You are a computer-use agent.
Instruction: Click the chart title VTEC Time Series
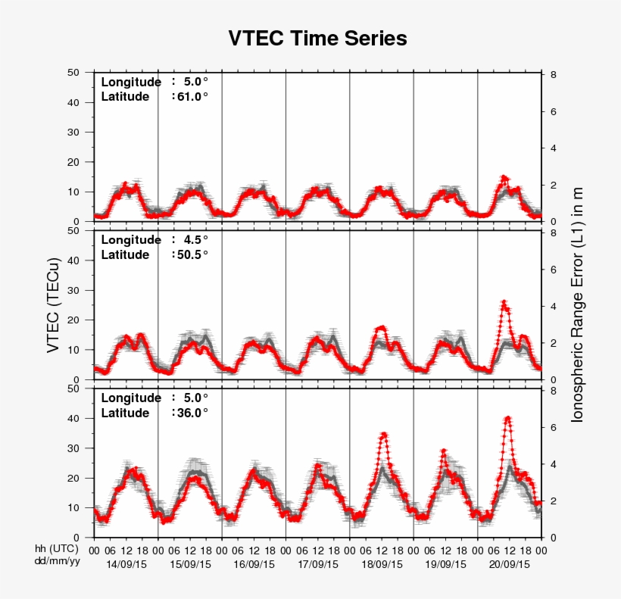(317, 39)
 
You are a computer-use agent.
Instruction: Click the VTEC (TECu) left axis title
(53, 304)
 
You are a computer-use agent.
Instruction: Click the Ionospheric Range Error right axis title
(577, 304)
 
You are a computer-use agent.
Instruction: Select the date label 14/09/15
(126, 564)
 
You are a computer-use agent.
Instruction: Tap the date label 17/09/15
(317, 564)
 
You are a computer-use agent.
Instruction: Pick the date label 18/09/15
(381, 564)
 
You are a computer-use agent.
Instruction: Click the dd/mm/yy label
(57, 561)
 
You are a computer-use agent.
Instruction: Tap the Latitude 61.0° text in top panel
(154, 96)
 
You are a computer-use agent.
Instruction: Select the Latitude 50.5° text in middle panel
(154, 254)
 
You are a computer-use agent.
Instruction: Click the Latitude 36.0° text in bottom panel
(154, 413)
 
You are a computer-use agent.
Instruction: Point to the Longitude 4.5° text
(154, 240)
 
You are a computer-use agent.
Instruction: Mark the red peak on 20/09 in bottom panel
(508, 417)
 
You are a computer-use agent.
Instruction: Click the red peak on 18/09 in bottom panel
(385, 434)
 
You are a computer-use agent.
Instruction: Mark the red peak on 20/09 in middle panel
(504, 302)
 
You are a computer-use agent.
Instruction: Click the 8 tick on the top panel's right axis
(554, 75)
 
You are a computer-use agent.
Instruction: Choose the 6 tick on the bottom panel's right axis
(554, 428)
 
